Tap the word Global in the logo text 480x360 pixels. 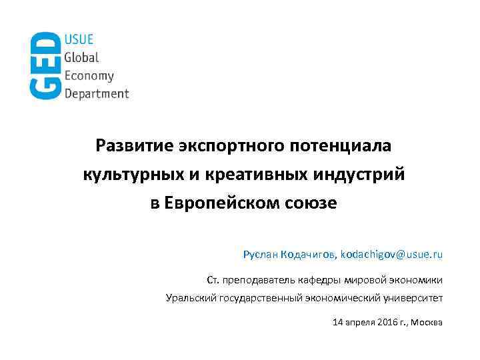[81, 58]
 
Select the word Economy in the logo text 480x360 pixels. [89, 76]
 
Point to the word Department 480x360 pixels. [97, 93]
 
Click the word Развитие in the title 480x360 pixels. [133, 145]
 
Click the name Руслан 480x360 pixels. [261, 255]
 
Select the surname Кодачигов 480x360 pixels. [309, 255]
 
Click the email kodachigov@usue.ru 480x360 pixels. [391, 255]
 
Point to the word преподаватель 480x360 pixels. [257, 279]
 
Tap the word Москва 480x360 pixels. [427, 323]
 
